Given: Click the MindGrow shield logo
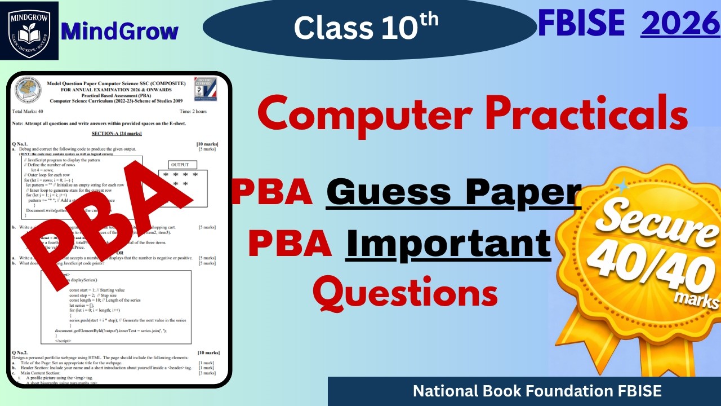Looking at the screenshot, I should pyautogui.click(x=29, y=30).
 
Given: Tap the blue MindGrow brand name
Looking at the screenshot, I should pyautogui.click(x=120, y=32).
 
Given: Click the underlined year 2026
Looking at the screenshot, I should pyautogui.click(x=680, y=24).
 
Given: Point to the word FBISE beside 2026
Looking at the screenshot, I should pyautogui.click(x=581, y=24).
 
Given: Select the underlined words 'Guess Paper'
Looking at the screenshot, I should pyautogui.click(x=453, y=192).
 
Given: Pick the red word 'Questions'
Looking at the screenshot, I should pyautogui.click(x=406, y=293).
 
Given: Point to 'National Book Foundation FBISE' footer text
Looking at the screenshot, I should pyautogui.click(x=537, y=391).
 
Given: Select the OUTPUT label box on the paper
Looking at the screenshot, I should pyautogui.click(x=180, y=165).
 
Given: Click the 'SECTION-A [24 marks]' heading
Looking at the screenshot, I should pyautogui.click(x=117, y=133).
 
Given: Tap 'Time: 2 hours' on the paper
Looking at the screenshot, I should pyautogui.click(x=193, y=112).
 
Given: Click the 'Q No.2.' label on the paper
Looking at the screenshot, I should pyautogui.click(x=23, y=352).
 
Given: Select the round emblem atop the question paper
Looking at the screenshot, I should pyautogui.click(x=28, y=91).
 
